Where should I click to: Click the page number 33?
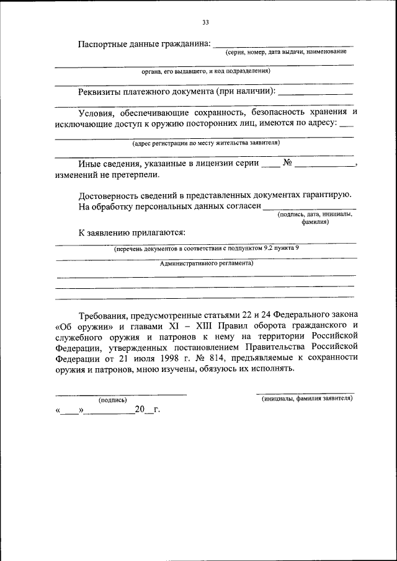(205, 23)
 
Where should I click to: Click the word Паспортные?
(104, 44)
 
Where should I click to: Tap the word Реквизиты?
(103, 92)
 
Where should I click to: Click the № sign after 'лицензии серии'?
(287, 164)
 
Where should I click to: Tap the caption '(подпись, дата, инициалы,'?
(316, 214)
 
